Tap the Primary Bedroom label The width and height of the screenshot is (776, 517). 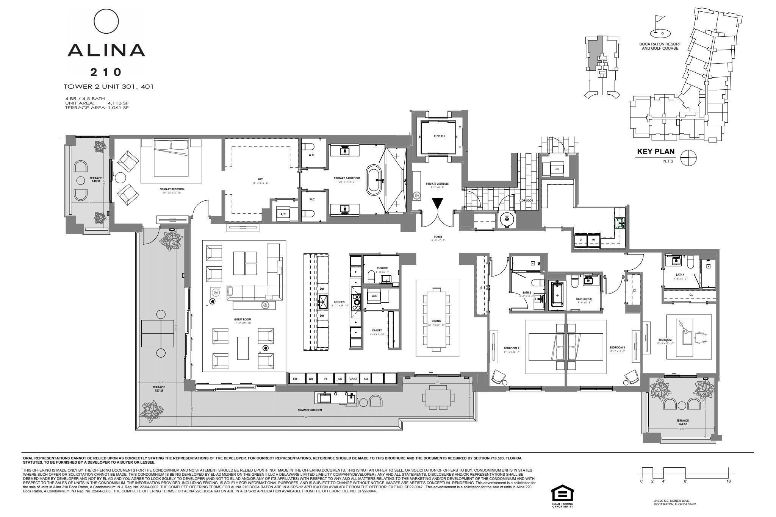[x=172, y=189]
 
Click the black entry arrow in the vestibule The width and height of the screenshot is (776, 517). [x=438, y=203]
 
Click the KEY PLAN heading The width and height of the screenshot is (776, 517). [x=656, y=152]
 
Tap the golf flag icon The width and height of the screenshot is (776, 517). [x=660, y=26]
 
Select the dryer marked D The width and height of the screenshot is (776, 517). [x=580, y=240]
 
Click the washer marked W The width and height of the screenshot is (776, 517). [x=593, y=240]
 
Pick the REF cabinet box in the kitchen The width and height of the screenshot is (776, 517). [x=295, y=378]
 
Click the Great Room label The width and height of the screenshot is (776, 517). [x=242, y=320]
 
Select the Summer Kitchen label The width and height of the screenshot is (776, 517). [x=310, y=410]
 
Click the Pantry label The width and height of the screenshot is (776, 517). [x=377, y=330]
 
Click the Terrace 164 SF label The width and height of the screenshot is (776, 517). [x=682, y=422]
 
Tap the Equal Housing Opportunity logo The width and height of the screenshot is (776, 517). [x=562, y=497]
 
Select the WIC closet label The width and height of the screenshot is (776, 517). [x=260, y=180]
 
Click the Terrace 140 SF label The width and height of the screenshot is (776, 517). [x=95, y=180]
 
